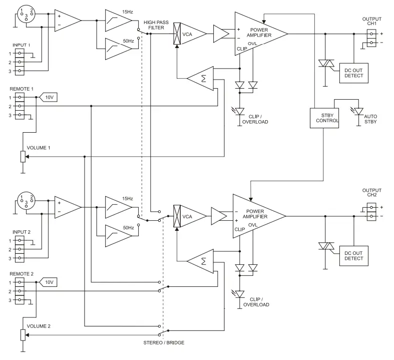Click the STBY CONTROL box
(x=324, y=118)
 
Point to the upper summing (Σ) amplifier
(x=202, y=78)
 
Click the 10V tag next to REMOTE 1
(x=49, y=97)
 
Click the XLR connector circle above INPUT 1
(x=25, y=14)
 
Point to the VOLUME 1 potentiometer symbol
(x=23, y=157)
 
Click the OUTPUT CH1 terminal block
(x=371, y=38)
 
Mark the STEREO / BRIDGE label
(x=163, y=342)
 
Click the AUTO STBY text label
(x=371, y=119)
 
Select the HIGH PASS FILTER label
(x=156, y=26)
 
